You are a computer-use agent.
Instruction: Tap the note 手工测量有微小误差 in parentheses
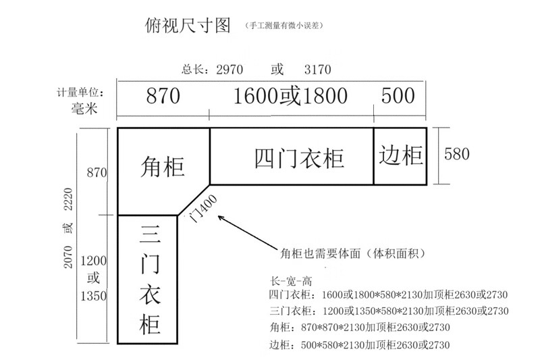pyautogui.click(x=284, y=26)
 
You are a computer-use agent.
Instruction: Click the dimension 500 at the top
pyautogui.click(x=398, y=96)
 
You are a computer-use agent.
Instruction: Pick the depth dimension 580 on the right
pyautogui.click(x=456, y=154)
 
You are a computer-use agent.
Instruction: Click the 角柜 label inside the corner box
pyautogui.click(x=163, y=166)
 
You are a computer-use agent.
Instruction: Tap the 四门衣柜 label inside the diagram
pyautogui.click(x=300, y=157)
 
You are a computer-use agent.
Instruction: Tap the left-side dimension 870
pyautogui.click(x=97, y=173)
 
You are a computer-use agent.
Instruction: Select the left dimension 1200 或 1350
pyautogui.click(x=94, y=278)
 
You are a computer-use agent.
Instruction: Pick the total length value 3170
pyautogui.click(x=318, y=70)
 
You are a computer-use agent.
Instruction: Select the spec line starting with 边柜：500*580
pyautogui.click(x=358, y=345)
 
